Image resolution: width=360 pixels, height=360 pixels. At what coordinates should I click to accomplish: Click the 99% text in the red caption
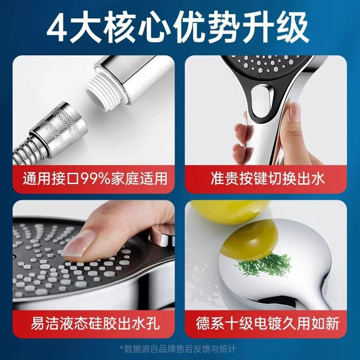pos(95,179)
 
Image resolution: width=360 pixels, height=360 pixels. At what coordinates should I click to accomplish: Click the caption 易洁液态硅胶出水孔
pos(95,324)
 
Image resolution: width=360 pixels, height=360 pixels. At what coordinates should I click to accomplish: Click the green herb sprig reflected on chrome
pos(264,265)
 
